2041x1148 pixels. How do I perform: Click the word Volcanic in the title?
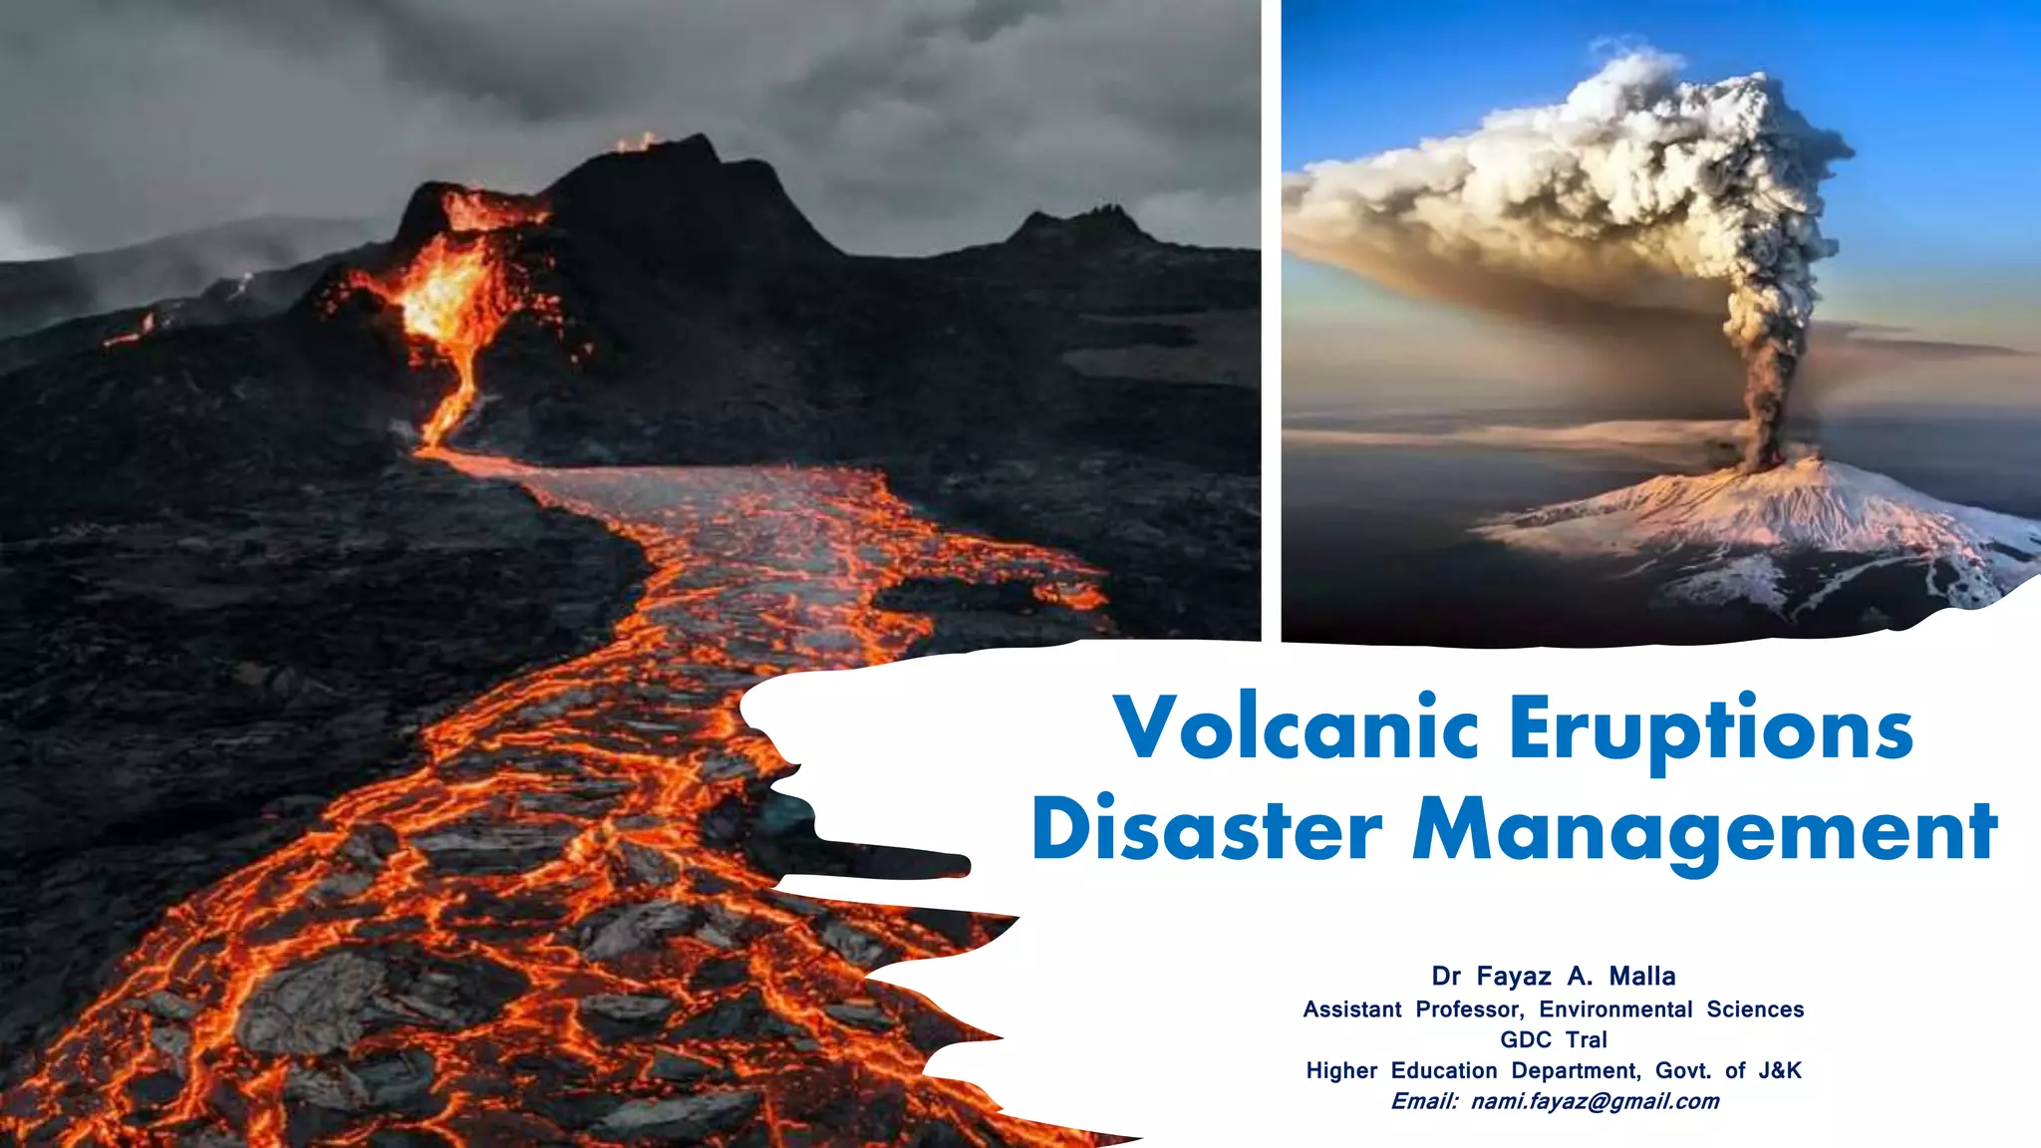[1296, 727]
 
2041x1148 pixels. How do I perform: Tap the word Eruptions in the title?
[1710, 729]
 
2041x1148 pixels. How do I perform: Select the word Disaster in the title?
[1207, 829]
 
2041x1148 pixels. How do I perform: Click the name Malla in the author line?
[1642, 976]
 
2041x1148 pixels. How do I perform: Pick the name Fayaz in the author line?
[1514, 976]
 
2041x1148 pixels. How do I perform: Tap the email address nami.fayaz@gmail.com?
[1595, 1101]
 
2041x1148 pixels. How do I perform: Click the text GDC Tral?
[1554, 1039]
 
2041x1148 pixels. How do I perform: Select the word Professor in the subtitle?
[1469, 1009]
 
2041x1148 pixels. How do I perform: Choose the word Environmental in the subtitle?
[1615, 1009]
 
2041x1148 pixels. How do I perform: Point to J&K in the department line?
[1780, 1070]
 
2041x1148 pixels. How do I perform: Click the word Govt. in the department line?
[1683, 1070]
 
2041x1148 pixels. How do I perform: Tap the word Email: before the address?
[1424, 1101]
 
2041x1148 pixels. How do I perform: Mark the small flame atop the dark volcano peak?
[636, 143]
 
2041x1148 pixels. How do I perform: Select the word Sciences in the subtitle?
[1755, 1009]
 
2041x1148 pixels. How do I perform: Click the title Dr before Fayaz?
[1445, 976]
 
